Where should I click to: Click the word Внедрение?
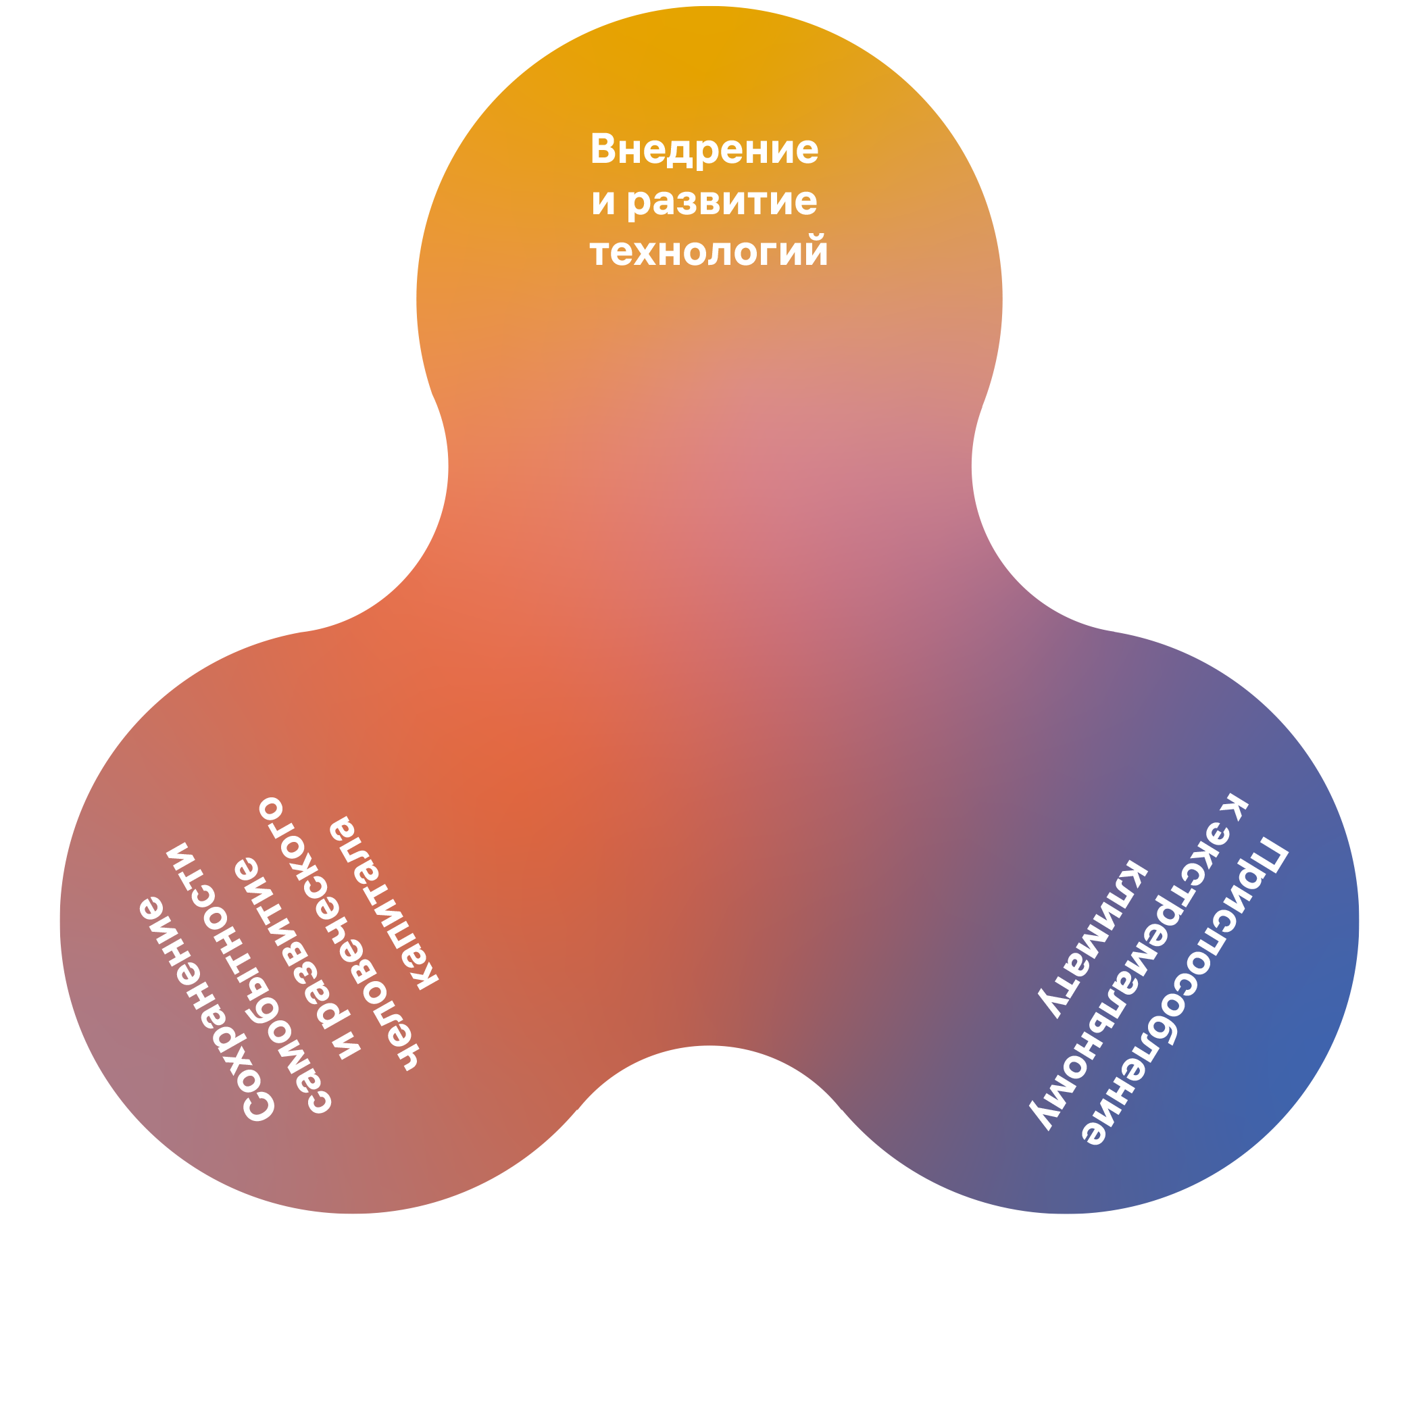point(703,150)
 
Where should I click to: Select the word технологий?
point(709,251)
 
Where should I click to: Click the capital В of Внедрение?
point(601,149)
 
